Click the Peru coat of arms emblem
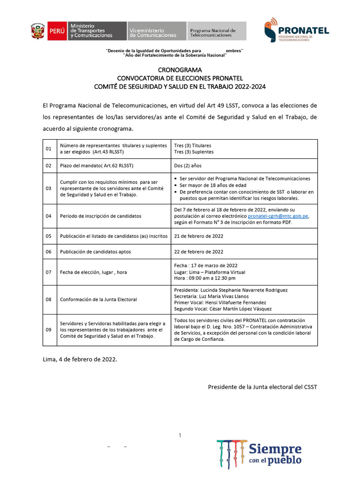point(37,31)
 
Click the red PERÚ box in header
point(57,31)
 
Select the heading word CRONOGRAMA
point(180,70)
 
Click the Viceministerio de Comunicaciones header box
point(156,31)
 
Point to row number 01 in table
point(48,149)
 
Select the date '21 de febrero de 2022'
point(198,236)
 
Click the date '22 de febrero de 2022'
point(198,252)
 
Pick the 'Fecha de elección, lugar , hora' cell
point(93,272)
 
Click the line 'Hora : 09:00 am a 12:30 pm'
point(206,278)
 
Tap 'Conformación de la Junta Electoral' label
point(98,300)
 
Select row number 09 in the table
point(48,330)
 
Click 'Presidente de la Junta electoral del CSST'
point(262,387)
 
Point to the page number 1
point(180,436)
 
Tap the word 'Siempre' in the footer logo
point(275,449)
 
